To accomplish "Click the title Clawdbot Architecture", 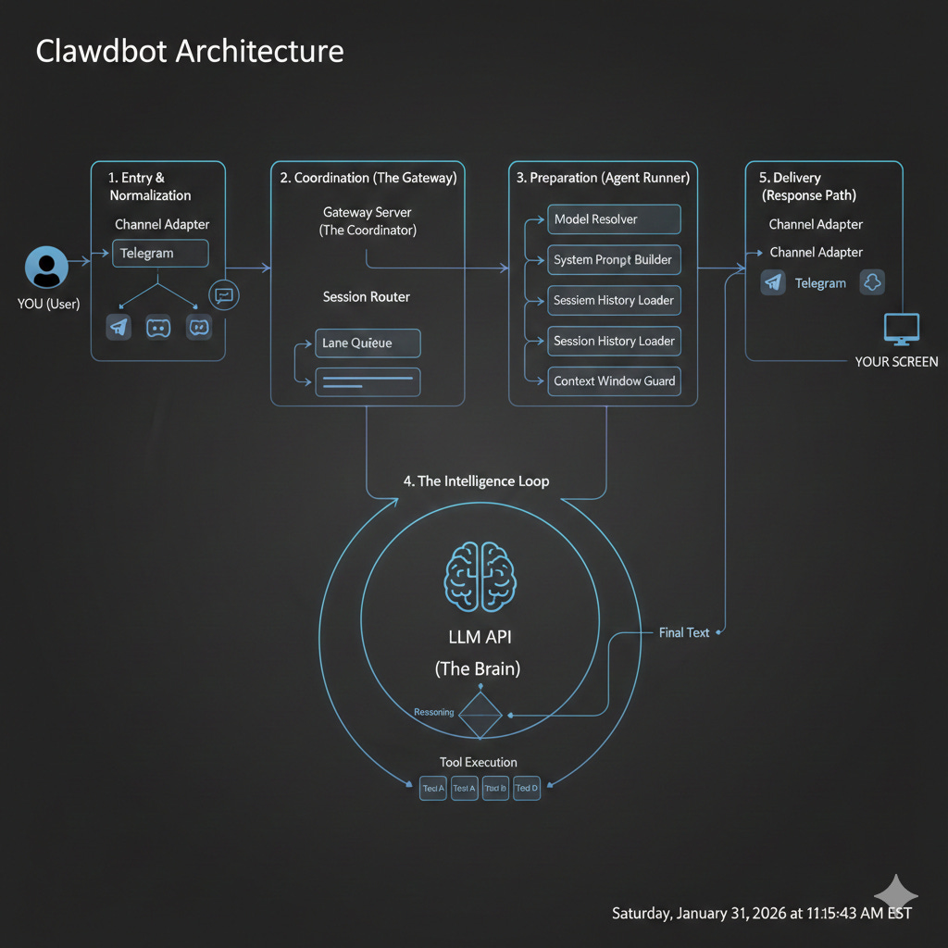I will coord(189,50).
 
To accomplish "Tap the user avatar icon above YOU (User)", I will coord(46,268).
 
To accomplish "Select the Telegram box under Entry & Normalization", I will coord(159,253).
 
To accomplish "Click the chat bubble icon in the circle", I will coord(224,295).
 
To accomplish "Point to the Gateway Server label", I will coord(368,213).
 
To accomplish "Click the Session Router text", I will coord(367,297).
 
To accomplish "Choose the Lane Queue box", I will coord(368,343).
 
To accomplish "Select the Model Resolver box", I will coord(614,219).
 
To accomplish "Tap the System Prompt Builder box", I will coord(614,260).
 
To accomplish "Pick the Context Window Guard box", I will coord(614,380).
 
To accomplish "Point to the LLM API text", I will coord(477,637).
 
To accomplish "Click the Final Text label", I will coord(684,632).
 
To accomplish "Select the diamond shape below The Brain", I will coord(480,714).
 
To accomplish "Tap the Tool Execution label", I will coord(479,762).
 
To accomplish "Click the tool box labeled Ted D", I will coord(527,789).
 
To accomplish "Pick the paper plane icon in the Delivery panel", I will coord(773,283).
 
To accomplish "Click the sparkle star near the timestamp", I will coord(895,895).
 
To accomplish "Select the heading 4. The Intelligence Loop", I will coord(476,481).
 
